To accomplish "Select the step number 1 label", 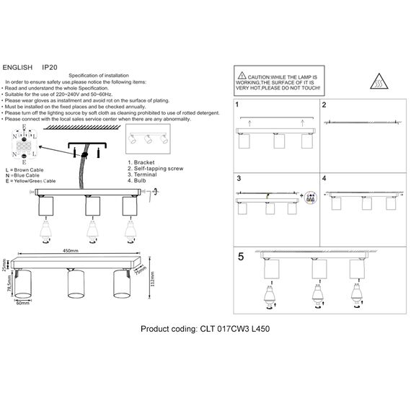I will [238, 105].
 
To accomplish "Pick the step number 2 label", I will [325, 105].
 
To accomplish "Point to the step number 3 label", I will [238, 178].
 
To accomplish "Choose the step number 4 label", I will [325, 178].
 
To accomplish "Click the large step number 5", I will [242, 255].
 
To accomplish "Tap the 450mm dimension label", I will [70, 252].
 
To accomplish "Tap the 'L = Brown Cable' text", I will [28, 170].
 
